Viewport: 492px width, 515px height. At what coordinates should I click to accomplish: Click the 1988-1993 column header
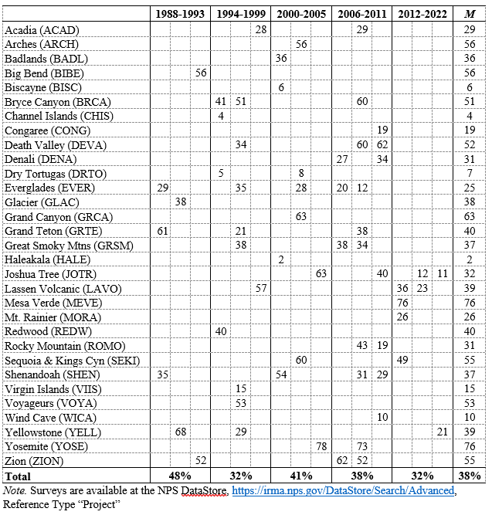click(x=181, y=15)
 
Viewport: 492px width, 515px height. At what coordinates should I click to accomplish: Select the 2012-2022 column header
click(x=422, y=15)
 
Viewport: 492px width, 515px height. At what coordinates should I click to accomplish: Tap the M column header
click(x=469, y=15)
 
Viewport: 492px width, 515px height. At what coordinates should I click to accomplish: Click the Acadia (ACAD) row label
click(x=42, y=29)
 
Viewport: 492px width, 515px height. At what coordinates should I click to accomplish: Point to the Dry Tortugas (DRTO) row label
click(x=51, y=174)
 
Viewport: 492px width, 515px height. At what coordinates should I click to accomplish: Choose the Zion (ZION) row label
click(x=36, y=462)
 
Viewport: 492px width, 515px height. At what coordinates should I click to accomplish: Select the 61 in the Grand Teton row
click(x=162, y=231)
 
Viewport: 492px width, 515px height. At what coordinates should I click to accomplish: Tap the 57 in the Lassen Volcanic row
click(x=261, y=289)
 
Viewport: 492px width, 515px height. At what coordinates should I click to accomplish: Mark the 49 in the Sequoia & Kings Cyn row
click(x=402, y=361)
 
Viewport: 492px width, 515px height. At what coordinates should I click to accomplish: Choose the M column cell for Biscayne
click(x=469, y=87)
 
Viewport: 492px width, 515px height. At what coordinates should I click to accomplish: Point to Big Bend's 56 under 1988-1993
click(x=201, y=73)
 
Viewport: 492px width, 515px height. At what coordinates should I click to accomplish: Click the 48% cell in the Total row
click(x=181, y=476)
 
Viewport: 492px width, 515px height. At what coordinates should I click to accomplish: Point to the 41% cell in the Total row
click(x=301, y=476)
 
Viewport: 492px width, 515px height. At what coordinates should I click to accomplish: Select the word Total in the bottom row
click(x=19, y=476)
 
